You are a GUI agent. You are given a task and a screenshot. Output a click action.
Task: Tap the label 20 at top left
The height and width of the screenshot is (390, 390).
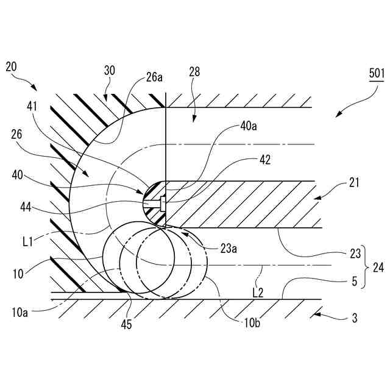12,66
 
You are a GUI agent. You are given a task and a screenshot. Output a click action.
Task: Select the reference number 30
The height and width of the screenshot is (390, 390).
110,70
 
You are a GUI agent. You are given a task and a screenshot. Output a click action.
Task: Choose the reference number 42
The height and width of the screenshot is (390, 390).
264,160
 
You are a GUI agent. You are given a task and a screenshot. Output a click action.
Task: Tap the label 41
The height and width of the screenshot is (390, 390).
32,105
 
